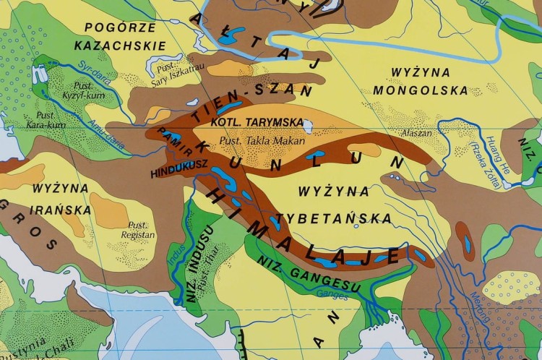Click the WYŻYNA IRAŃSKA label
(x=61, y=200)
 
